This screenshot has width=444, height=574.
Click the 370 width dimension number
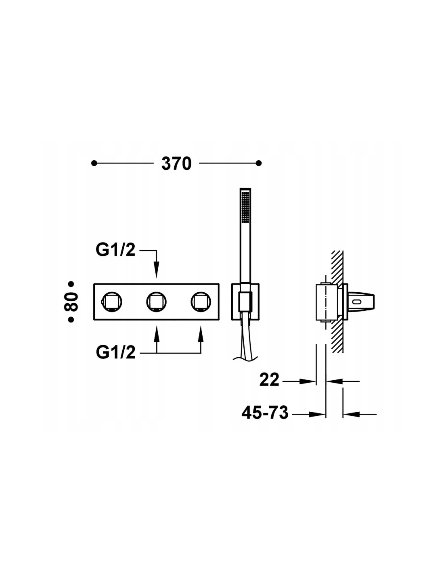point(176,163)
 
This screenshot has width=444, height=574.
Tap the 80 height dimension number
point(71,302)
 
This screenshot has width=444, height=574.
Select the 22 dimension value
point(269,380)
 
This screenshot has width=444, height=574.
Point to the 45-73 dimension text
point(265,413)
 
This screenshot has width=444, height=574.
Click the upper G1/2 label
point(115,249)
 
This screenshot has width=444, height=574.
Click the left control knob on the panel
point(112,302)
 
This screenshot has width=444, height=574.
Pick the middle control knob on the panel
point(156,302)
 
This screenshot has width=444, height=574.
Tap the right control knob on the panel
point(201,302)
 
